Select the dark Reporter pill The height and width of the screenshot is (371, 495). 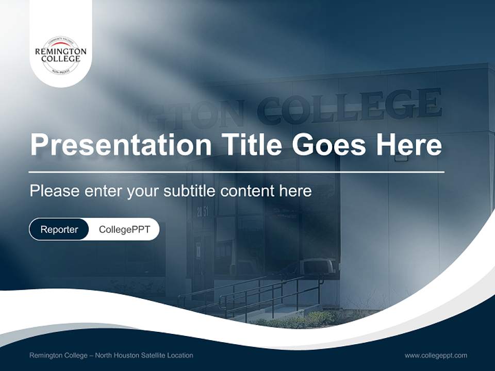pyautogui.click(x=59, y=229)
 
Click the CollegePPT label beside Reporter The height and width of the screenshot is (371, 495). pyautogui.click(x=124, y=229)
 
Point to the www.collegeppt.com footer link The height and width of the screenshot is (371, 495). pyautogui.click(x=436, y=355)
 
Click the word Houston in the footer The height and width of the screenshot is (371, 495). pyautogui.click(x=122, y=355)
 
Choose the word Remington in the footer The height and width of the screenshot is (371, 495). pyautogui.click(x=47, y=355)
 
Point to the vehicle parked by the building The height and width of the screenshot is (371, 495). pyautogui.click(x=319, y=266)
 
